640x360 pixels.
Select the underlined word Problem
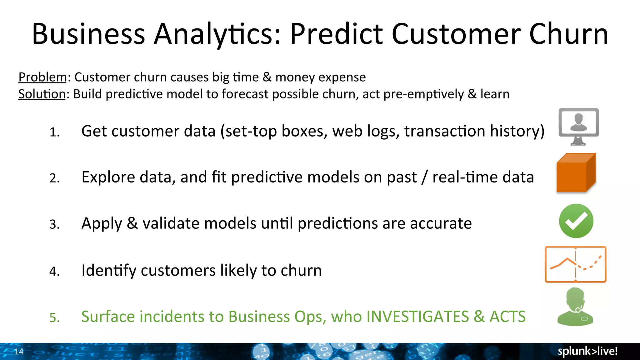tap(42, 77)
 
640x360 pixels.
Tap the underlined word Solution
tap(42, 94)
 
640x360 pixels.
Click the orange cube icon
tap(576, 173)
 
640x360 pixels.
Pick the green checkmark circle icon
tap(576, 221)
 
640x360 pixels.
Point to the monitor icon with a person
tap(578, 126)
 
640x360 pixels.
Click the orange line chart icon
tap(575, 264)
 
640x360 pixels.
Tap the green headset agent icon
tap(575, 307)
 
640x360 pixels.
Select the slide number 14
tap(19, 352)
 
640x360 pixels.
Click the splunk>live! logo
tap(587, 351)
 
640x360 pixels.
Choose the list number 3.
tap(54, 224)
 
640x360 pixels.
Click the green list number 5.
tap(54, 317)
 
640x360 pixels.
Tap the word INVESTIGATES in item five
tap(417, 317)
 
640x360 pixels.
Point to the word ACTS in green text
tap(507, 317)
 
